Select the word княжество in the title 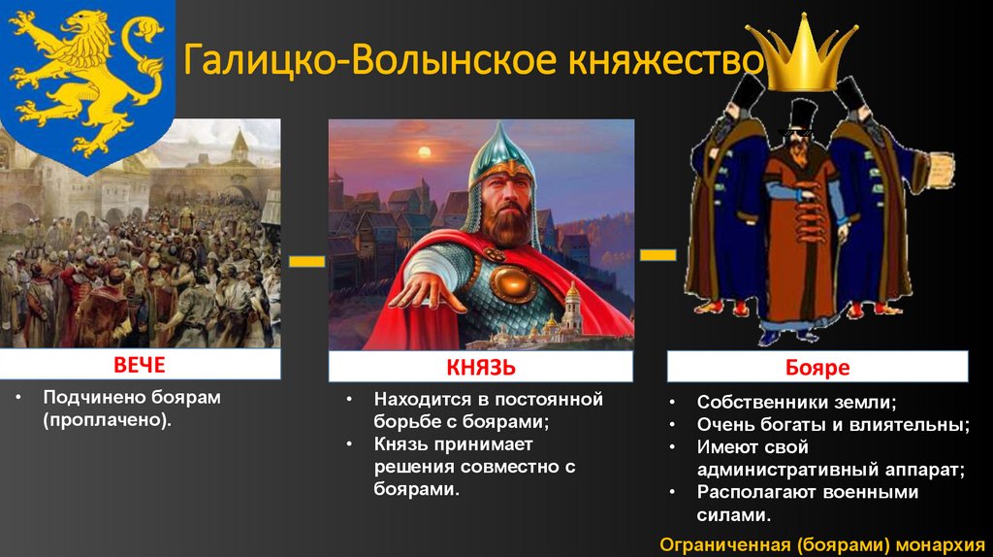tap(665, 59)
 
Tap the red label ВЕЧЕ tap(140, 365)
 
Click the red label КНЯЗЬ tap(481, 368)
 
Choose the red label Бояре tap(817, 368)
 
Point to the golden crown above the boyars tap(803, 54)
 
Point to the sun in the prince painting tap(424, 152)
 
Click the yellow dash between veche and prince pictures tap(307, 261)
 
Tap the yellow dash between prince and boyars tap(658, 255)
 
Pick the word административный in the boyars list tap(787, 471)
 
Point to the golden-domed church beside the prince tap(572, 311)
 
